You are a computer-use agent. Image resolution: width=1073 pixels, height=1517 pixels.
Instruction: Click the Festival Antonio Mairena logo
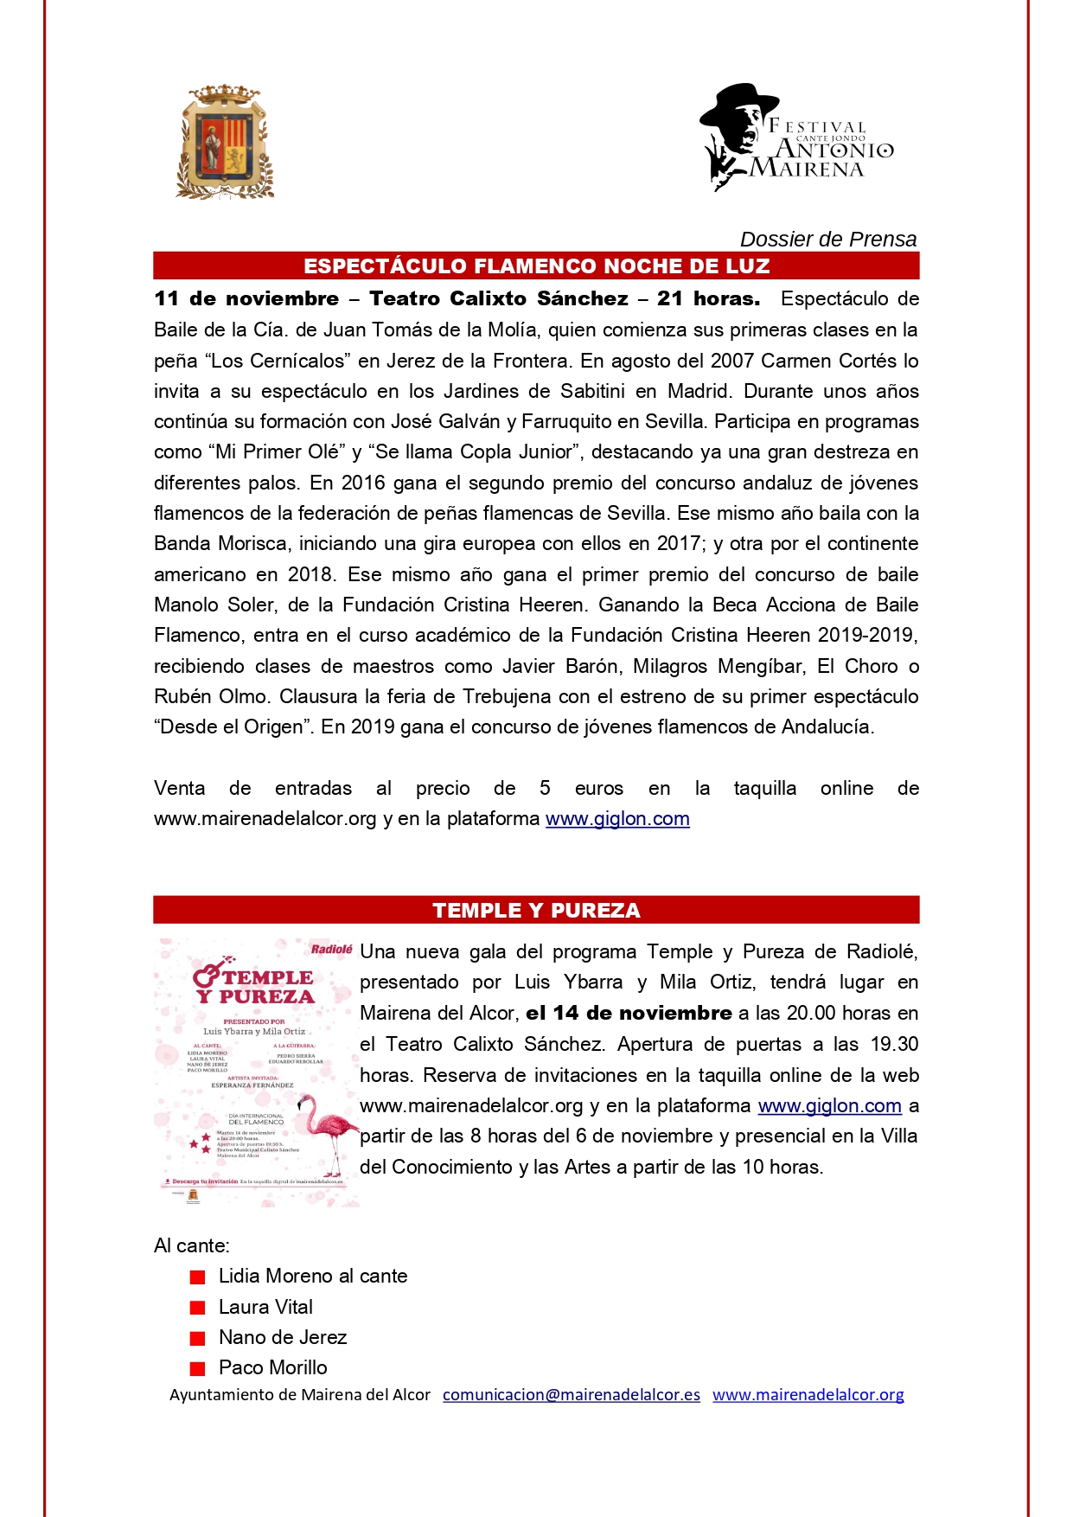coord(795,138)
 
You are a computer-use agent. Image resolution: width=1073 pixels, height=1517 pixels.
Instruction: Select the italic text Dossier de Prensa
coord(827,240)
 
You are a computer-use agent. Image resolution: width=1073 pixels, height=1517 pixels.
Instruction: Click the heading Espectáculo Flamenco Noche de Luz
coord(536,266)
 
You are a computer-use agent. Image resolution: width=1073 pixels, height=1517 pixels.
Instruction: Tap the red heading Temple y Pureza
coord(536,910)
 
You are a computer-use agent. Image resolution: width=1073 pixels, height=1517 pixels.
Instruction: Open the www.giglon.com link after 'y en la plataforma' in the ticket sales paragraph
coord(617,819)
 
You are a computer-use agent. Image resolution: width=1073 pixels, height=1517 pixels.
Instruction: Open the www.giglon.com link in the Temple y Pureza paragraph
coord(829,1106)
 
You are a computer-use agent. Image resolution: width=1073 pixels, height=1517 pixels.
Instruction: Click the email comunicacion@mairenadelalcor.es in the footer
coord(572,1395)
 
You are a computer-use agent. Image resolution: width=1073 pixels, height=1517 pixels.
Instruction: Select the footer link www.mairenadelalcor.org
coord(808,1395)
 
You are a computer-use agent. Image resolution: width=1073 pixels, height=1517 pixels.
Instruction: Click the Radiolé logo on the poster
coord(331,950)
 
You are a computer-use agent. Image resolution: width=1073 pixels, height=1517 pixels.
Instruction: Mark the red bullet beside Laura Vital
coord(198,1308)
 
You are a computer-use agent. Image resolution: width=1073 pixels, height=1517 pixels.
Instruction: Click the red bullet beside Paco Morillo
coord(198,1368)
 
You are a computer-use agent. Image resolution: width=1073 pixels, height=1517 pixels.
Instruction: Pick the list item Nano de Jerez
coord(283,1338)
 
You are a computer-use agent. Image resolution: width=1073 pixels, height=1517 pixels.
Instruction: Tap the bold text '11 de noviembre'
coord(246,299)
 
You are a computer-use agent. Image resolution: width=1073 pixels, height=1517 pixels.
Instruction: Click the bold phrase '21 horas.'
coord(708,299)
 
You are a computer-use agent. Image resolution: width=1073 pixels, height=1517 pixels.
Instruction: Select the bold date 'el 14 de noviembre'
coord(629,1014)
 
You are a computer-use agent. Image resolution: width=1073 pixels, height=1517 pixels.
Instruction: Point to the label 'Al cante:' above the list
coord(192,1246)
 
